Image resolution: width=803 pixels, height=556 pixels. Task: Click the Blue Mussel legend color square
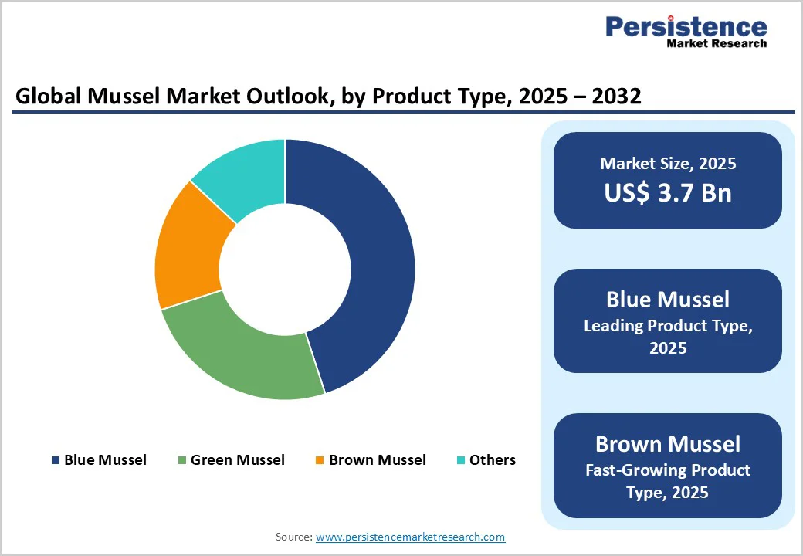pos(55,460)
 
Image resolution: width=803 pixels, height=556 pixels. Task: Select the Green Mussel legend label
pos(237,460)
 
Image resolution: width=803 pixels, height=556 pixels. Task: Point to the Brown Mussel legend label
pos(377,460)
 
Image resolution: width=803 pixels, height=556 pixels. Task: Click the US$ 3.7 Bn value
pos(668,192)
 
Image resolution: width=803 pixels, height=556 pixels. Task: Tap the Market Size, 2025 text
pos(668,164)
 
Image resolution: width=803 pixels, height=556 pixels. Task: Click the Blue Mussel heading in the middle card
pos(668,299)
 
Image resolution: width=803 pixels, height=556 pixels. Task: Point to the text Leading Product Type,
pos(668,326)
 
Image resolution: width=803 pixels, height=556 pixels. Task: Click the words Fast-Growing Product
pos(668,470)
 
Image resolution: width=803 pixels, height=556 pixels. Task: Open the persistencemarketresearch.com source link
pos(410,536)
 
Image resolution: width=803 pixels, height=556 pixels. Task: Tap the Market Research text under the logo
pos(717,44)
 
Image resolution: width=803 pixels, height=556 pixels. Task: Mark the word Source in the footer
pos(293,536)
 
